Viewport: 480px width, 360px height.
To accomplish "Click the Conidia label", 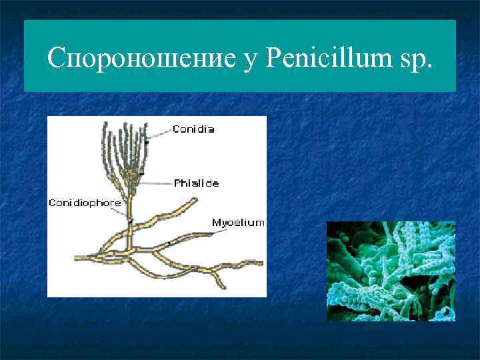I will click(x=193, y=129).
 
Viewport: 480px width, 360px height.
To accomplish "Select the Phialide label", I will click(x=196, y=183).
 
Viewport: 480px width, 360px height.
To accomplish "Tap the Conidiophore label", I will click(x=85, y=203).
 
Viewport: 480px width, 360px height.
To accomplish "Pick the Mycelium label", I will click(x=238, y=222).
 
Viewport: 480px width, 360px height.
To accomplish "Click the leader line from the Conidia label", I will click(x=160, y=133).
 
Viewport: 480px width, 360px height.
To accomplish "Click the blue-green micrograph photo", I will click(x=391, y=271).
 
